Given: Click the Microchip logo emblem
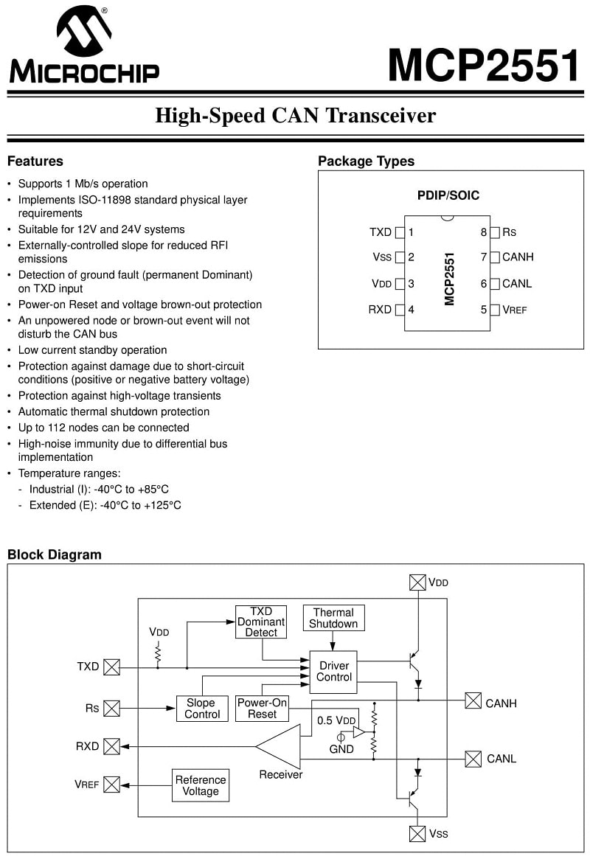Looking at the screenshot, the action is click(x=84, y=31).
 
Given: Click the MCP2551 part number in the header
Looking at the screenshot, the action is click(x=484, y=65).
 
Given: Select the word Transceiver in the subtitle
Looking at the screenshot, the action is click(x=381, y=116).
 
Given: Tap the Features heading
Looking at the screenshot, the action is click(x=35, y=161).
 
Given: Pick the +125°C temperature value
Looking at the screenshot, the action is click(x=162, y=505).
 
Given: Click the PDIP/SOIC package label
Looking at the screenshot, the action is click(x=448, y=195).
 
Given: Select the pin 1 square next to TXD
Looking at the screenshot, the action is click(x=400, y=233).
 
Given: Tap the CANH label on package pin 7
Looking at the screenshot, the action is click(x=518, y=257).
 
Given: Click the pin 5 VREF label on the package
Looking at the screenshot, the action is click(x=514, y=310).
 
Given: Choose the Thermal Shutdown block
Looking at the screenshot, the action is click(x=333, y=618).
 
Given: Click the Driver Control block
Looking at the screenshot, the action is click(x=333, y=672).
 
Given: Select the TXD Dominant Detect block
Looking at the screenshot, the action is click(x=261, y=622).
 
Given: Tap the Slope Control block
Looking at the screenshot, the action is click(x=202, y=709).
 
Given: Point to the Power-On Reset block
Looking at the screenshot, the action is click(x=262, y=709).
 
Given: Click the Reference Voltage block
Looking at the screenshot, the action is click(x=201, y=785).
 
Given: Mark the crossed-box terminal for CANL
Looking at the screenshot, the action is click(x=473, y=759).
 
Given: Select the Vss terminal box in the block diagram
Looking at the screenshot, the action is click(x=417, y=834).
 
